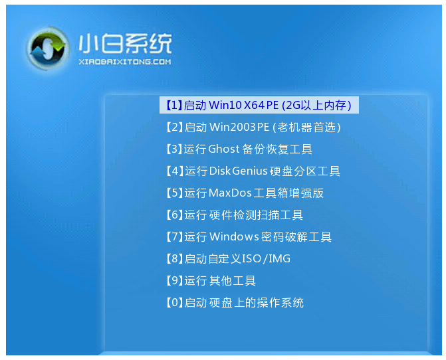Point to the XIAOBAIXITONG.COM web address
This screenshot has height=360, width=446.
[124, 62]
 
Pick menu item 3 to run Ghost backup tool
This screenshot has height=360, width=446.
[238, 149]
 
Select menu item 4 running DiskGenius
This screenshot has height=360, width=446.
[252, 171]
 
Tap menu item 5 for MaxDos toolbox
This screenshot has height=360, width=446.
[244, 193]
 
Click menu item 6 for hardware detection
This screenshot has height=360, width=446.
[233, 215]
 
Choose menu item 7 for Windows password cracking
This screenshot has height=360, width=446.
[247, 236]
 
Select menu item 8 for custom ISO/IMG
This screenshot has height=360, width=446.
[227, 258]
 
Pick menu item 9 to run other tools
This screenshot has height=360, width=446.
[210, 280]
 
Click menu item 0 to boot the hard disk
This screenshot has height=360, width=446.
[234, 302]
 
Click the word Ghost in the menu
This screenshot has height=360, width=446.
[223, 149]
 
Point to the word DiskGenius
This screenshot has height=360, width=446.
[237, 171]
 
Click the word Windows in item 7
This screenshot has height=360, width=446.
[233, 236]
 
